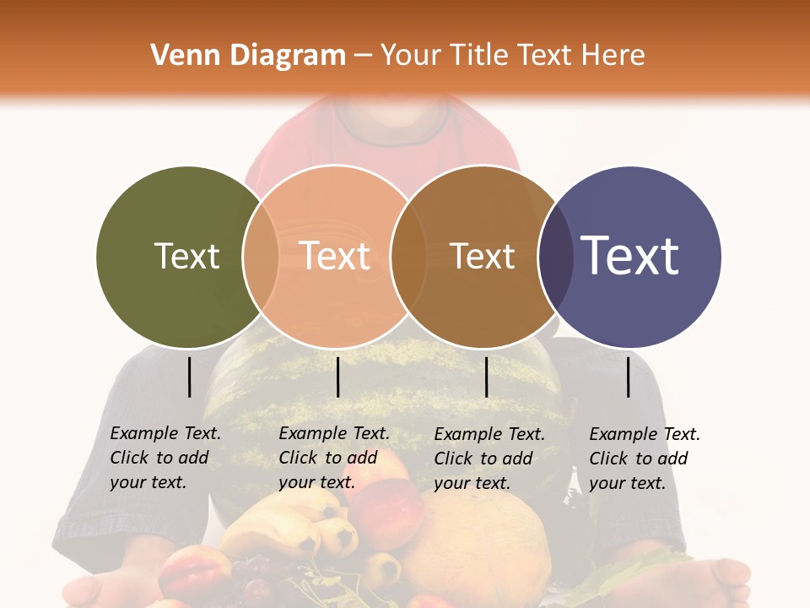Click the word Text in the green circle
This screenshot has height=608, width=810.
[x=186, y=256]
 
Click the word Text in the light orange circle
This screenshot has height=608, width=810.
[x=335, y=256]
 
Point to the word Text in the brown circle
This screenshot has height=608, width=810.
[x=482, y=256]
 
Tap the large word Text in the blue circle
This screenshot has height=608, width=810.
[x=630, y=256]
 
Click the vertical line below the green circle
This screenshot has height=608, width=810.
[x=189, y=377]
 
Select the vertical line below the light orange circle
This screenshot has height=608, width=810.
[x=337, y=377]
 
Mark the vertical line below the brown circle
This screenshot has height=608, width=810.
[x=486, y=377]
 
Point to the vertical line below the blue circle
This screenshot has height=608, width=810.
[x=629, y=377]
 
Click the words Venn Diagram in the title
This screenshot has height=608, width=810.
[x=248, y=56]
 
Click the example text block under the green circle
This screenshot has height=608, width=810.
[x=165, y=458]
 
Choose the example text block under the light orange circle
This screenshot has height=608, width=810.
[x=333, y=458]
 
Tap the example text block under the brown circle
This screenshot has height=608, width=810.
[x=489, y=459]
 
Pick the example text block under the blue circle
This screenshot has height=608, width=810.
[x=644, y=459]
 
